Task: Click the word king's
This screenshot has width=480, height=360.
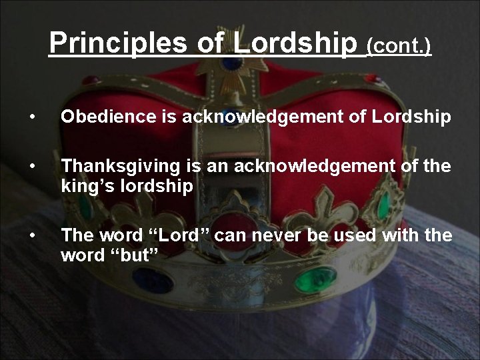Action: click(85, 187)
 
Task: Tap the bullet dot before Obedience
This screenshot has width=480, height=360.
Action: click(31, 118)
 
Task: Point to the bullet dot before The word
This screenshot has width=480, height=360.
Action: click(31, 236)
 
